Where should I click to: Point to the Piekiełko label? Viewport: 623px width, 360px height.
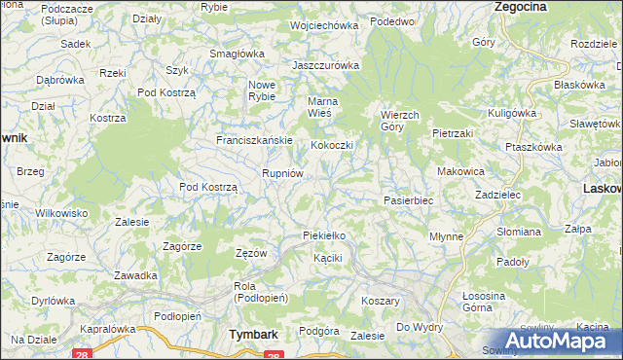click(324, 235)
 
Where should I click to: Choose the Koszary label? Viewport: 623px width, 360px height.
click(382, 302)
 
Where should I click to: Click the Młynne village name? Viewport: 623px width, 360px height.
click(446, 236)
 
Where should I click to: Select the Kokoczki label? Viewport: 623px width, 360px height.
click(331, 145)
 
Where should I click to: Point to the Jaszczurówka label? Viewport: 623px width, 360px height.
click(326, 65)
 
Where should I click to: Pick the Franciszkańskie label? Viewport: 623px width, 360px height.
click(254, 140)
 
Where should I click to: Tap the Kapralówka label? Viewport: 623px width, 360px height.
click(107, 329)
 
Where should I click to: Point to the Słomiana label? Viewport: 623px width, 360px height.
click(518, 232)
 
